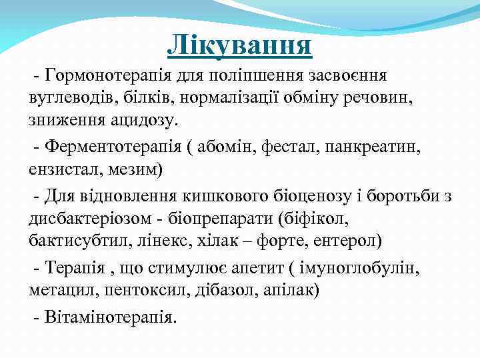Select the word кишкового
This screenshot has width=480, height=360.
tap(213, 197)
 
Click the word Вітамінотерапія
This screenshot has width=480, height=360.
tap(110, 316)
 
